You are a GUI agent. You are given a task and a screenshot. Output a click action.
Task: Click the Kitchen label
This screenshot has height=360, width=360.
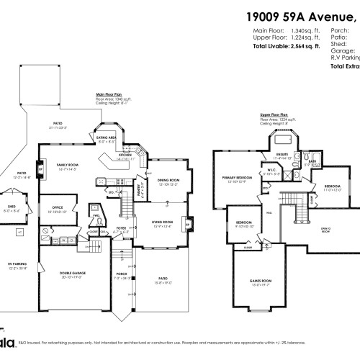[124, 155]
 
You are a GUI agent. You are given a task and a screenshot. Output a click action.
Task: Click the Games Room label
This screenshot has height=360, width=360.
[260, 280]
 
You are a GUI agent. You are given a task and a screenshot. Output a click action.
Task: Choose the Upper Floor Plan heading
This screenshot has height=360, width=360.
[274, 114]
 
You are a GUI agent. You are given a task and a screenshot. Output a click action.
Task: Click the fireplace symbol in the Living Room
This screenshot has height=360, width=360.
[189, 223]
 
